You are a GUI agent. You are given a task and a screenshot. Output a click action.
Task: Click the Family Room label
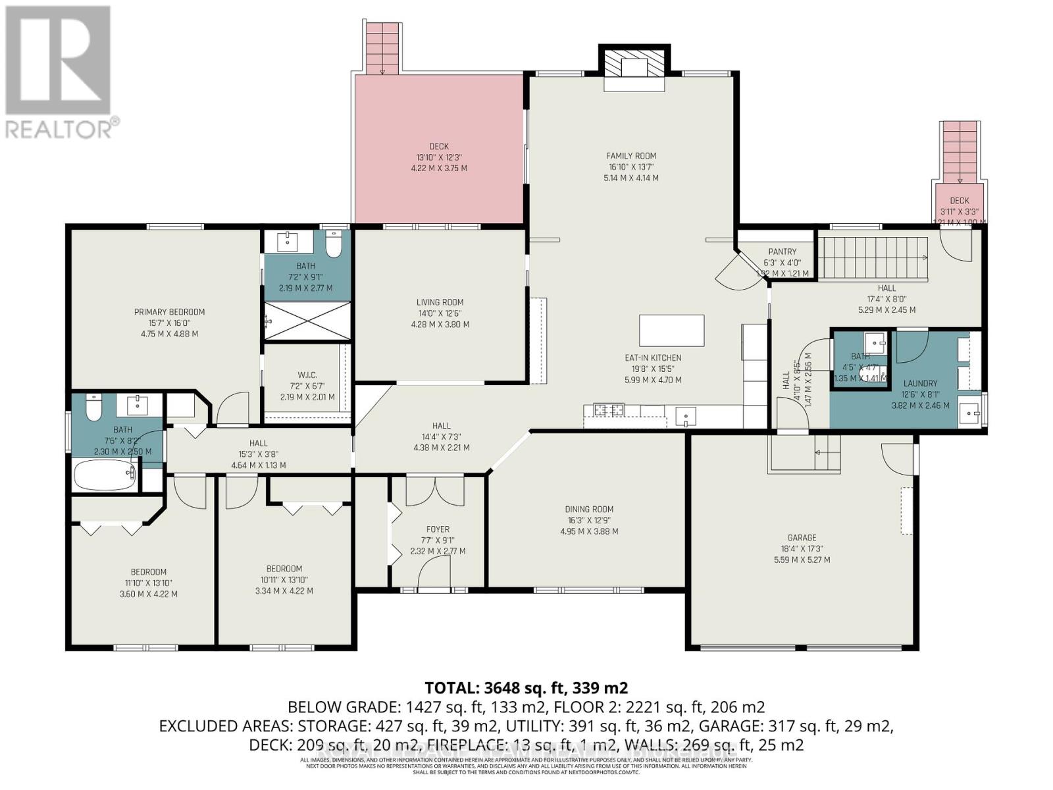(x=631, y=156)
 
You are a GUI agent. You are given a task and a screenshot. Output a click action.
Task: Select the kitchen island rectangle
(x=671, y=330)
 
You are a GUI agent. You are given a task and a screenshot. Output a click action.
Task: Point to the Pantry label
(x=782, y=251)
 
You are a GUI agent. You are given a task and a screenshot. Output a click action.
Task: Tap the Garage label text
(x=802, y=537)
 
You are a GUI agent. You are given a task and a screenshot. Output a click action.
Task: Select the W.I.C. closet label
(x=307, y=375)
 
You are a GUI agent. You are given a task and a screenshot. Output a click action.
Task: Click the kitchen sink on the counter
(x=685, y=415)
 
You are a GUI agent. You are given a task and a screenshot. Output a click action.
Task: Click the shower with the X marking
(x=307, y=321)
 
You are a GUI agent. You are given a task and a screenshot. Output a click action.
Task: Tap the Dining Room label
(x=589, y=509)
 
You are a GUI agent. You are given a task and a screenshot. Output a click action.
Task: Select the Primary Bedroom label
(x=169, y=312)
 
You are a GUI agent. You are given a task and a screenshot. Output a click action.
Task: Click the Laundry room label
(x=920, y=383)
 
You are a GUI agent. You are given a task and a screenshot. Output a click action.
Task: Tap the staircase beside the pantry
(x=871, y=257)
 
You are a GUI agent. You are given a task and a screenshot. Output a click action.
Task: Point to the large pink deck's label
(x=439, y=147)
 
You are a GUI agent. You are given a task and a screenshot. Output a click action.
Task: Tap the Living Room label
(x=440, y=303)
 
